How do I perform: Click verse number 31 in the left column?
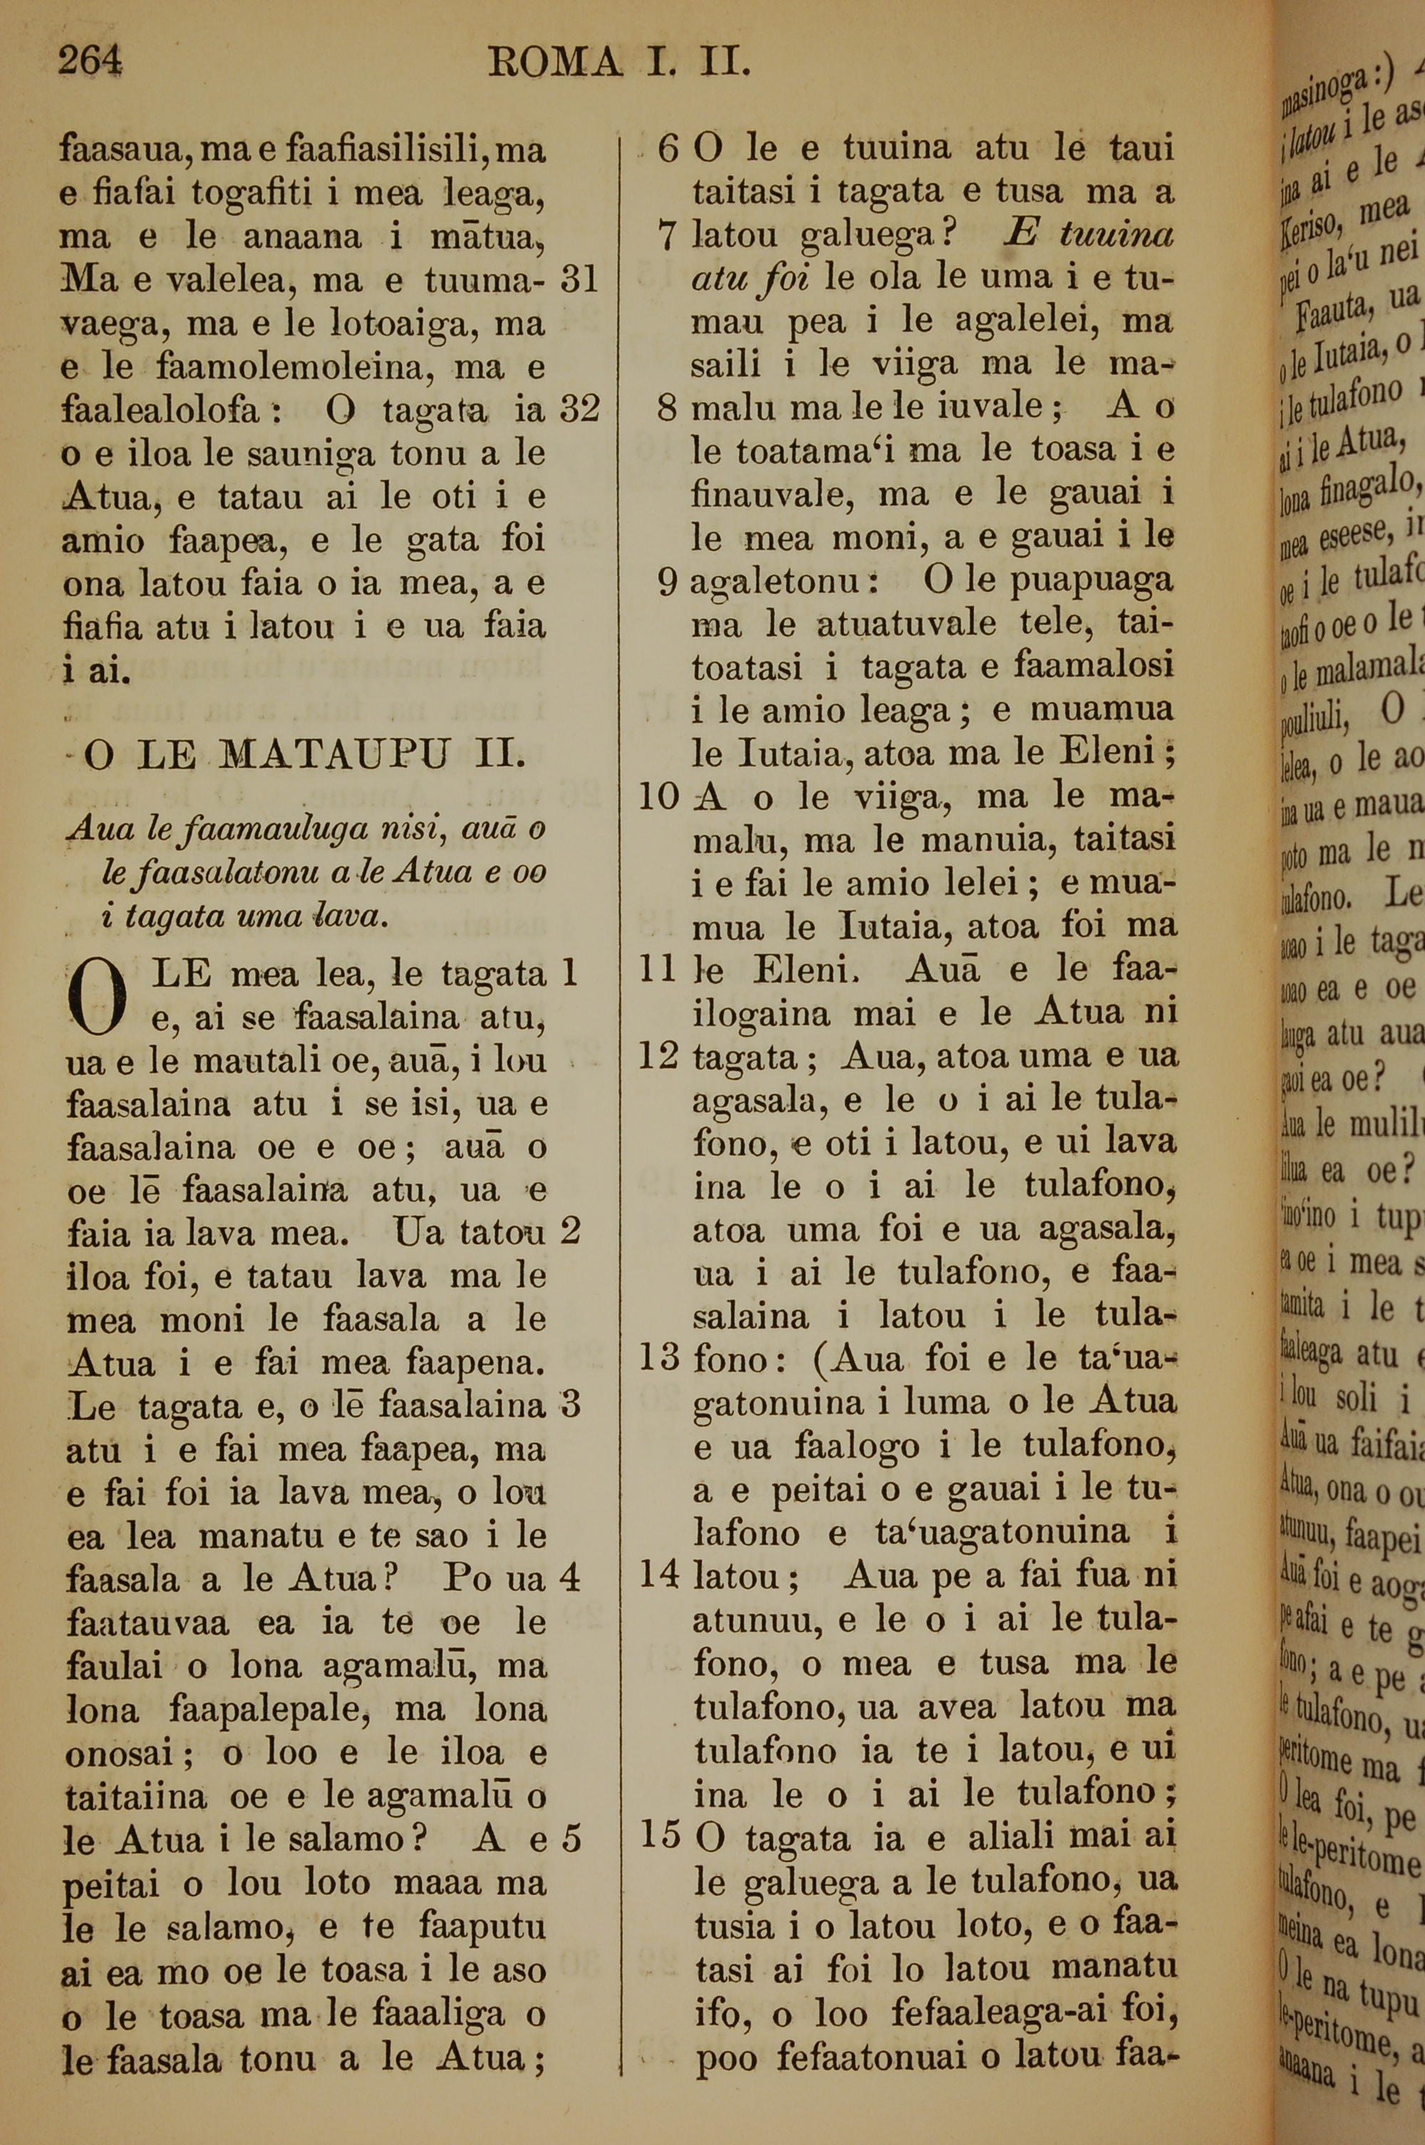[579, 279]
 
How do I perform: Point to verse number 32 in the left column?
[579, 410]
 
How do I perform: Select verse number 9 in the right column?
[668, 582]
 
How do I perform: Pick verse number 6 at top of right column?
[668, 148]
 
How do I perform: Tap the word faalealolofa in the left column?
[162, 411]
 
